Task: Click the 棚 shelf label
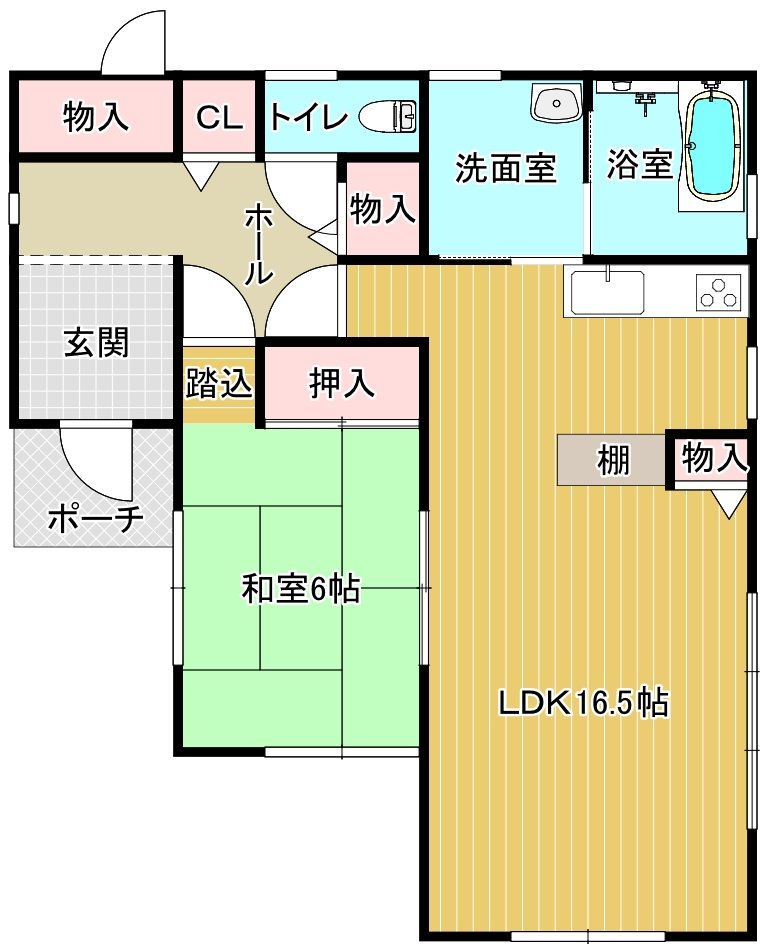pyautogui.click(x=613, y=461)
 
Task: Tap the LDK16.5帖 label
pyautogui.click(x=584, y=704)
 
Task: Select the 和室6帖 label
pyautogui.click(x=300, y=590)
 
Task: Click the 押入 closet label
pyautogui.click(x=341, y=383)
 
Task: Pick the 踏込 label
pyautogui.click(x=219, y=384)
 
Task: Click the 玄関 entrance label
pyautogui.click(x=96, y=344)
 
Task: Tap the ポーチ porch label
pyautogui.click(x=96, y=519)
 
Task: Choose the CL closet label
pyautogui.click(x=219, y=118)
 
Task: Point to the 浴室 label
pyautogui.click(x=639, y=164)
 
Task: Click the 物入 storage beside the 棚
pyautogui.click(x=714, y=459)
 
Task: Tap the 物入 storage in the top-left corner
pyautogui.click(x=96, y=117)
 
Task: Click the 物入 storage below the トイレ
pyautogui.click(x=382, y=210)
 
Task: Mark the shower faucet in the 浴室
pyautogui.click(x=643, y=100)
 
